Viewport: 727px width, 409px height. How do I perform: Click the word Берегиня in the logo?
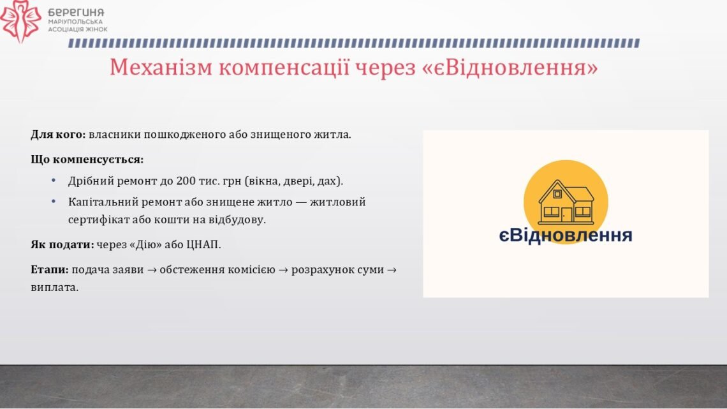click(76, 13)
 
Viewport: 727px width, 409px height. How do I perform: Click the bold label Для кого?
click(59, 135)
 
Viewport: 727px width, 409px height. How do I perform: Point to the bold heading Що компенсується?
click(87, 160)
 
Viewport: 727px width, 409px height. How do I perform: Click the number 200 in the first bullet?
click(186, 181)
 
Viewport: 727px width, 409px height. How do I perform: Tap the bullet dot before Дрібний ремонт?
click(54, 180)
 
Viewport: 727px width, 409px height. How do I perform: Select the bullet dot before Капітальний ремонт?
click(54, 201)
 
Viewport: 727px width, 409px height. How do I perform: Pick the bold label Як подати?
click(62, 244)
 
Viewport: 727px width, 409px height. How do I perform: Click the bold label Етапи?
click(50, 269)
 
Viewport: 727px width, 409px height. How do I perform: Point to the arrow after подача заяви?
click(152, 270)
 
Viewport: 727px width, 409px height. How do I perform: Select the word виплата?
click(55, 288)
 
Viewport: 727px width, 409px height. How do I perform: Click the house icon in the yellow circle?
click(566, 202)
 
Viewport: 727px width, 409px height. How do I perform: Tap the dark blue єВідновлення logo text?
click(566, 235)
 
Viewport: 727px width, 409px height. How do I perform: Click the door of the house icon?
click(566, 214)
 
